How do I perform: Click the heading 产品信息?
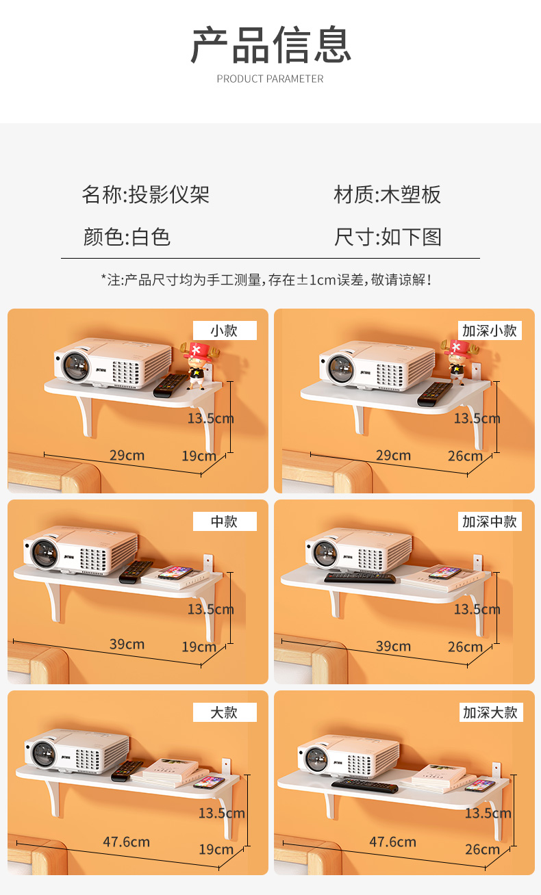coord(270,44)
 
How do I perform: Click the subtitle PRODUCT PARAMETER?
coord(270,79)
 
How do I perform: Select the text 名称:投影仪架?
coord(146,194)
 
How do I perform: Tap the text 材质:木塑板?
coord(387,194)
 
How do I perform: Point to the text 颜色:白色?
coord(127,237)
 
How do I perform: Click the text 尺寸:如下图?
coord(388,237)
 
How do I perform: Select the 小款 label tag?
coord(225,330)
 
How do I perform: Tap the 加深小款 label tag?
coord(490,330)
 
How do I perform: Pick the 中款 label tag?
coord(225,521)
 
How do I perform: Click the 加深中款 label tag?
coord(490,521)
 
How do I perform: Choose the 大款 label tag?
coord(225,712)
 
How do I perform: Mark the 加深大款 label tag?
coord(491,712)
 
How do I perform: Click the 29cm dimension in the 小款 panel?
coord(127,456)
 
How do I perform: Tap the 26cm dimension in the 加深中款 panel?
coord(465,647)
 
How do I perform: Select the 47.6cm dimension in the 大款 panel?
coord(127,842)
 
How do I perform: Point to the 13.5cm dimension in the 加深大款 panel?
coord(488,813)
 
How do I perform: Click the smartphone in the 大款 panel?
coord(209,782)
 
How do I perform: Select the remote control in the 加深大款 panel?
coord(365,786)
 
